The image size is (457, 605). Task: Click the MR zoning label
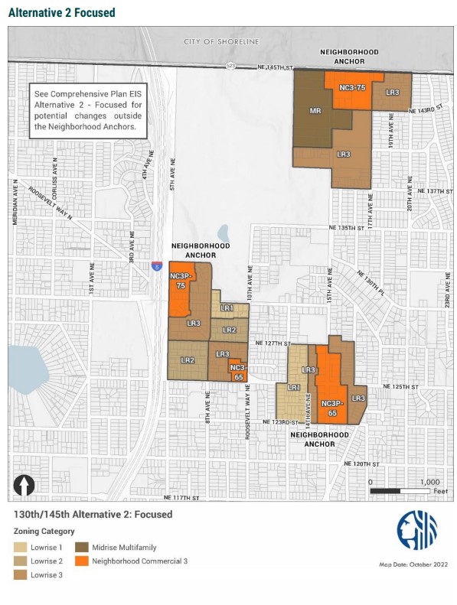coord(315,112)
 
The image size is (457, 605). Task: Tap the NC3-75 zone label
coord(352,88)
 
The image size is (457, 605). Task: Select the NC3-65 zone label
coord(237,372)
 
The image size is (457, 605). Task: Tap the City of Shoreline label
coord(221,41)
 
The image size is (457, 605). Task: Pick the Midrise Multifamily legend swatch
coord(80,547)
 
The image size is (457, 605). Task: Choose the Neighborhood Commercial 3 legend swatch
coord(80,561)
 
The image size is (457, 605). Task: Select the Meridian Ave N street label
coord(15,202)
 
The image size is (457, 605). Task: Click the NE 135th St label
coord(351,228)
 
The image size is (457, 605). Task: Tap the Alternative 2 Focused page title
coord(61,12)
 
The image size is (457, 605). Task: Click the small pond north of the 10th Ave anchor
coord(223,233)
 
